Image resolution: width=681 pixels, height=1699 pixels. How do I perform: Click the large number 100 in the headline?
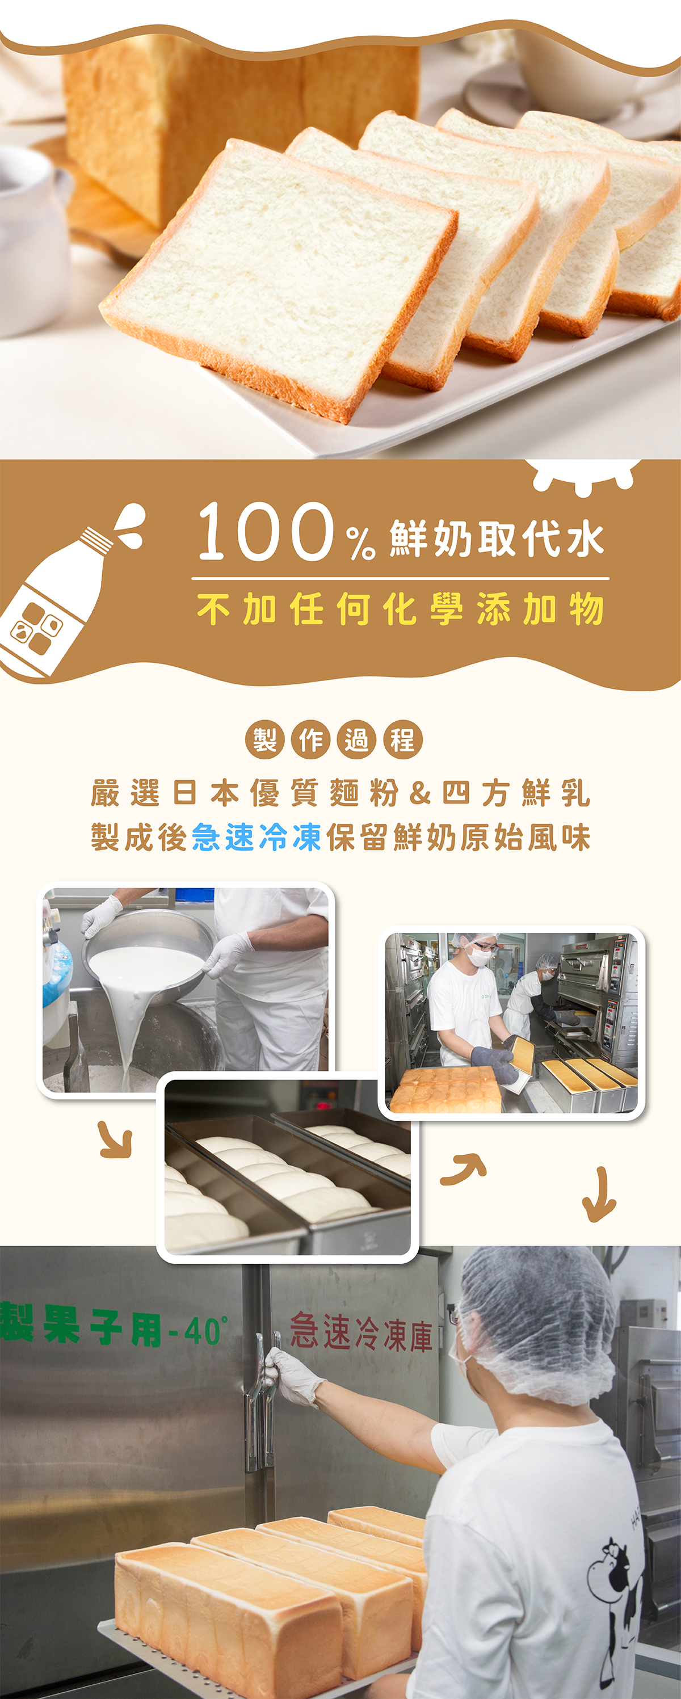pyautogui.click(x=265, y=532)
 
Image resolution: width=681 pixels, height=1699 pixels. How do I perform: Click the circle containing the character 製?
pyautogui.click(x=264, y=739)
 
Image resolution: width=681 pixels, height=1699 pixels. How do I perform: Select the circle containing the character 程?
pyautogui.click(x=402, y=739)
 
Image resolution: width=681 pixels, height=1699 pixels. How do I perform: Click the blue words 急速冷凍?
pyautogui.click(x=257, y=837)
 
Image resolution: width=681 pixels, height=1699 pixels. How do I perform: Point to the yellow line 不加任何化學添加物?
pyautogui.click(x=401, y=608)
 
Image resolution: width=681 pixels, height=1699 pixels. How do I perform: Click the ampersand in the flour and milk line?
pyautogui.click(x=420, y=793)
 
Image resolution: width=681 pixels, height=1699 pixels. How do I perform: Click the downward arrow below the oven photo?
pyautogui.click(x=599, y=1195)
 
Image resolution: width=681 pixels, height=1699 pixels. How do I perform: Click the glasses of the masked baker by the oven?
pyautogui.click(x=485, y=948)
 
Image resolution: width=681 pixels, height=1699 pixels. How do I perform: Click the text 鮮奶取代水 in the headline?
pyautogui.click(x=497, y=537)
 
